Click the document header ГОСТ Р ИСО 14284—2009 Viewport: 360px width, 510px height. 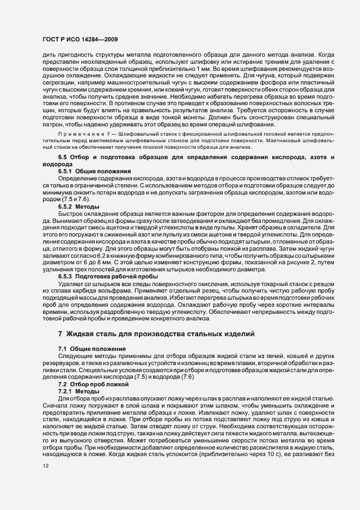(78, 40)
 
